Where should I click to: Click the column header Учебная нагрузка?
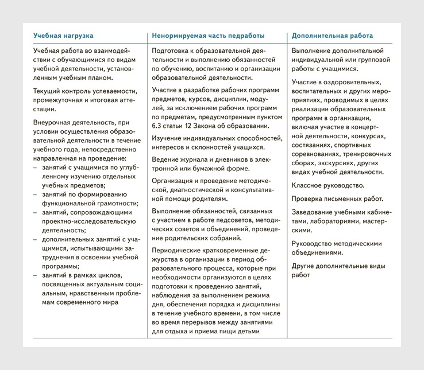[x=63, y=36]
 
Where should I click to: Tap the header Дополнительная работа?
[x=332, y=36]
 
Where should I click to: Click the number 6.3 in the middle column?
[x=159, y=126]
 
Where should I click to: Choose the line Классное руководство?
[x=328, y=185]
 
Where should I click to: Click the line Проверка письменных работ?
[x=337, y=198]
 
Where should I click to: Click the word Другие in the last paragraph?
[x=304, y=266]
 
